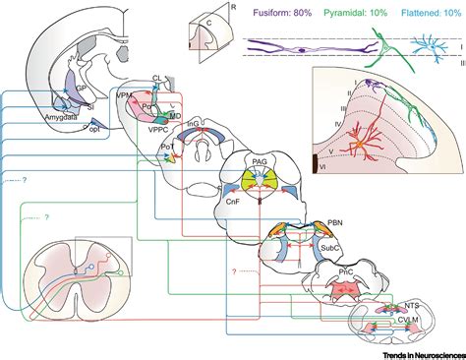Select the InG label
(192, 121)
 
